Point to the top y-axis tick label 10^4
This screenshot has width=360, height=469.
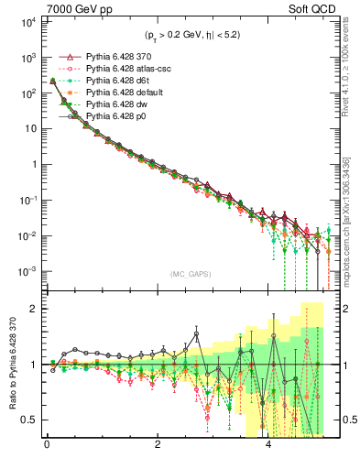tap(25, 21)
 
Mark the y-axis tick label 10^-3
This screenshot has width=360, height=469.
tap(25, 271)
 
